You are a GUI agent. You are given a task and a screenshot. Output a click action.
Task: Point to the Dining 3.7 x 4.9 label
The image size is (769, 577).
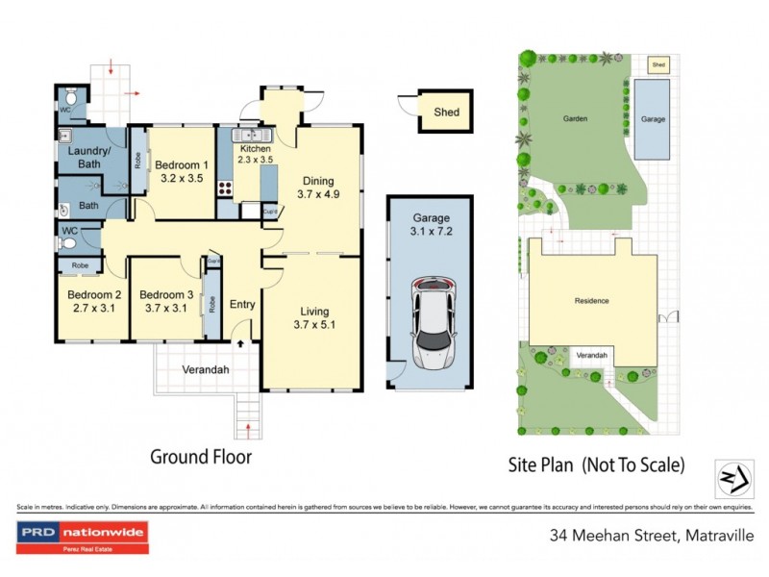318,187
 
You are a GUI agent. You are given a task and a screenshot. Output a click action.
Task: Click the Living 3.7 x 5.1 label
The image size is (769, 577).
313,317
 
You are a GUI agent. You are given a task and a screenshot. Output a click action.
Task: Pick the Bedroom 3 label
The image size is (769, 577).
166,301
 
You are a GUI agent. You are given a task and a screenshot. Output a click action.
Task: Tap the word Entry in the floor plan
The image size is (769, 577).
242,305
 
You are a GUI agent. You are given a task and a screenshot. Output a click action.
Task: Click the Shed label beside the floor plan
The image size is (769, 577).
447,113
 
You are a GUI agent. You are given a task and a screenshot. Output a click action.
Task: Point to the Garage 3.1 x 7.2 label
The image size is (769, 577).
432,225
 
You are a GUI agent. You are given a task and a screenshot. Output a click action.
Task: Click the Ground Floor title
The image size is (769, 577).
201,457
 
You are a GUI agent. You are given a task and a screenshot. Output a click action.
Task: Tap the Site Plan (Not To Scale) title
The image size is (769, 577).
596,465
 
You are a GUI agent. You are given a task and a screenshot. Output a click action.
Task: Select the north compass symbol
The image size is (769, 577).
733,476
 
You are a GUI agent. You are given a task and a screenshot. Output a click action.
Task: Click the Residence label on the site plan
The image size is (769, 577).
591,301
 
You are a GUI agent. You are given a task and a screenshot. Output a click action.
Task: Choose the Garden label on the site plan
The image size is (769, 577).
575,119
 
